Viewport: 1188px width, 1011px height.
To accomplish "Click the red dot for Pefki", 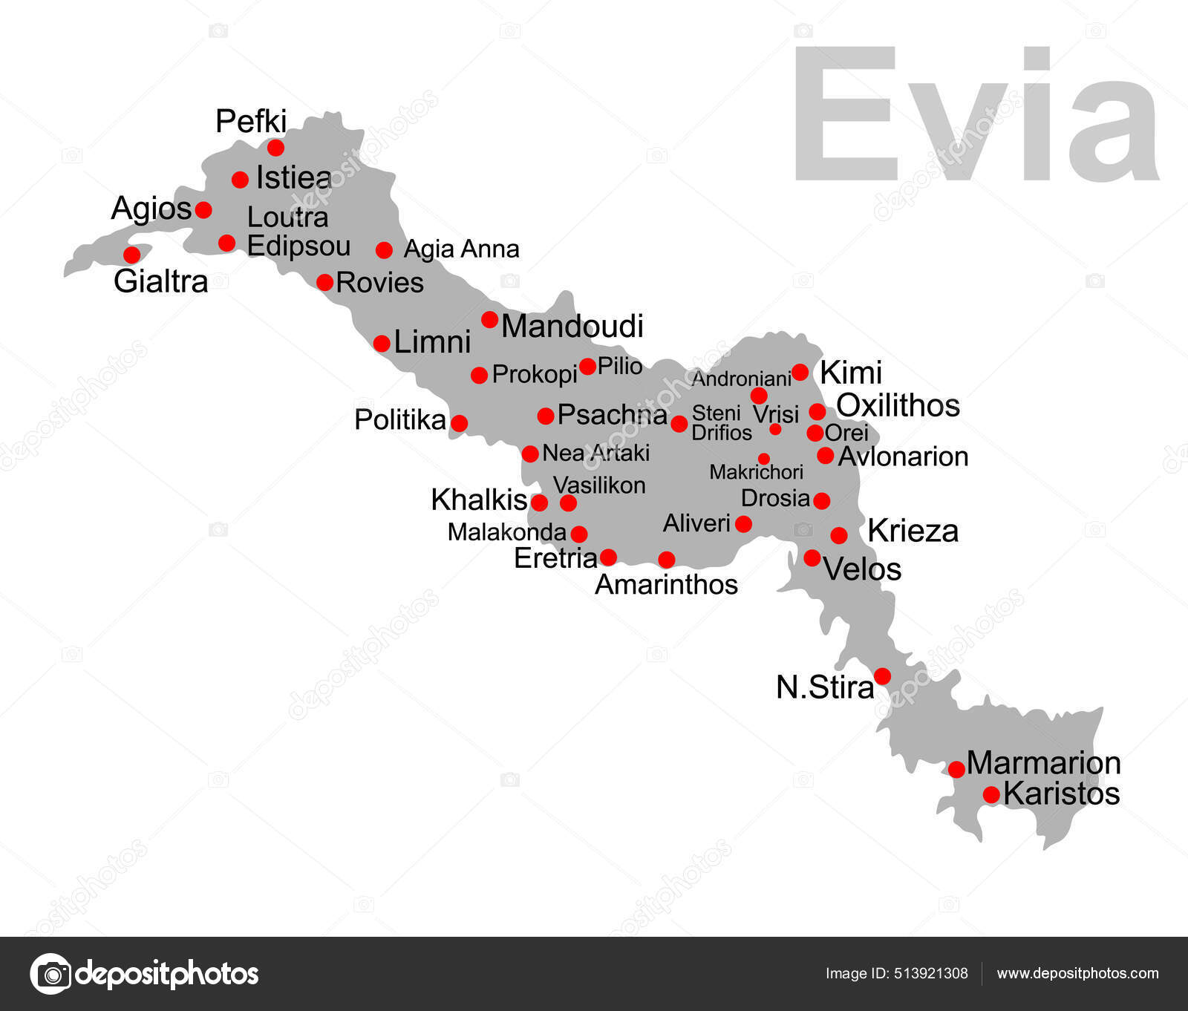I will pyautogui.click(x=275, y=147).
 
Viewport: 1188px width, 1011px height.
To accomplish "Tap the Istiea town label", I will pyautogui.click(x=293, y=178).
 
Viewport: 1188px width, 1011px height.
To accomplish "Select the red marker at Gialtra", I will pyautogui.click(x=131, y=255).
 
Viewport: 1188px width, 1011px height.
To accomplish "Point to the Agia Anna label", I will pyautogui.click(x=461, y=249).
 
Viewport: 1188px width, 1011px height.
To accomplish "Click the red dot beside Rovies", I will pyautogui.click(x=324, y=282).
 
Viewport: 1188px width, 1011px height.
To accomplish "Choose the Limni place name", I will pyautogui.click(x=432, y=342).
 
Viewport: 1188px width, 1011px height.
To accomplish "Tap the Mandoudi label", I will pyautogui.click(x=572, y=327).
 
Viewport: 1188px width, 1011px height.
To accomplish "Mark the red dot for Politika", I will pyautogui.click(x=460, y=423).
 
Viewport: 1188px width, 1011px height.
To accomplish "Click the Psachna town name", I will pyautogui.click(x=612, y=415).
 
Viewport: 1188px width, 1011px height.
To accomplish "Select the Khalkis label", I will pyautogui.click(x=479, y=500).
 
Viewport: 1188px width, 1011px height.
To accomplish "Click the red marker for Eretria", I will pyautogui.click(x=608, y=557).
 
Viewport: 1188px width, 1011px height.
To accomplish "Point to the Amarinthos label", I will pyautogui.click(x=666, y=585).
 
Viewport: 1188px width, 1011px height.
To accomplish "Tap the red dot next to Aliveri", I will pyautogui.click(x=743, y=524).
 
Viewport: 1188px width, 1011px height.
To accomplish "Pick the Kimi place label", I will pyautogui.click(x=850, y=373).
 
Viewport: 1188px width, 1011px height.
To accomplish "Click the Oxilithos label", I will pyautogui.click(x=898, y=405).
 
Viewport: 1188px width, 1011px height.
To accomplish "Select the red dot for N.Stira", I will pyautogui.click(x=882, y=675).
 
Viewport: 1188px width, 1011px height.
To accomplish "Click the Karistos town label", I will pyautogui.click(x=1061, y=794).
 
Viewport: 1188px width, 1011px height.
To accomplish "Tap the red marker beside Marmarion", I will pyautogui.click(x=956, y=769).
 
